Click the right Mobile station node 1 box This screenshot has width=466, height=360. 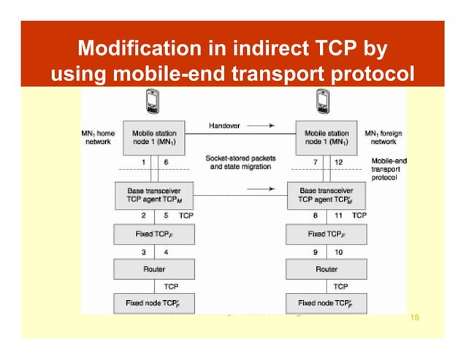coord(326,138)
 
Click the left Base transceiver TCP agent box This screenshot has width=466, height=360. coord(154,194)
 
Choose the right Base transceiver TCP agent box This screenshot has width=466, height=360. coord(326,194)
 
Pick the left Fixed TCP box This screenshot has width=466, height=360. coord(154,235)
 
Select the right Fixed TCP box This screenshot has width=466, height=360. coord(326,235)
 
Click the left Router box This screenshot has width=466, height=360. coord(154,269)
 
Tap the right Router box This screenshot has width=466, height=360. coord(326,269)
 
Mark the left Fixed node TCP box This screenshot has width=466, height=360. coord(154,302)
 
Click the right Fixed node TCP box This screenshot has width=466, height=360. coord(326,302)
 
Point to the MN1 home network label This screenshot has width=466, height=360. coord(96,138)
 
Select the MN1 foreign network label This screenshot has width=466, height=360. coord(383,138)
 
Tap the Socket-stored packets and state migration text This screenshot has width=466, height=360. coord(229,163)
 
